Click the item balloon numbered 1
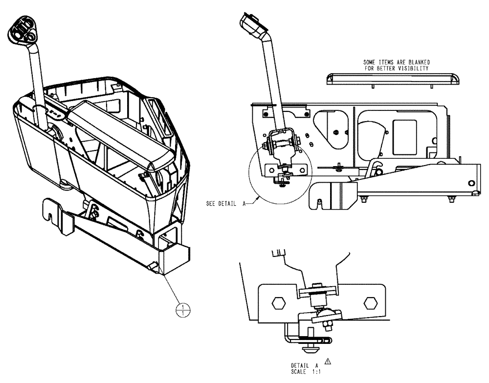[183, 309]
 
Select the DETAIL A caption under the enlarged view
[305, 365]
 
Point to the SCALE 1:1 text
[305, 371]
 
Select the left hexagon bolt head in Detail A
[278, 303]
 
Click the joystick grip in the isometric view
[22, 30]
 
